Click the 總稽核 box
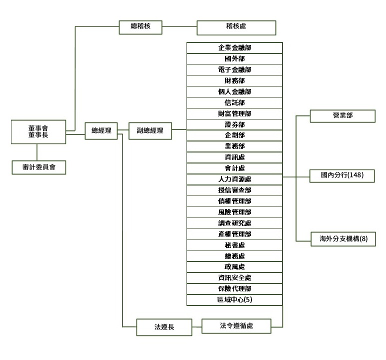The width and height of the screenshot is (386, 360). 140,27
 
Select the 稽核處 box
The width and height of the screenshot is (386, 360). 236,27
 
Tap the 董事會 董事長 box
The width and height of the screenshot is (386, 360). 38,131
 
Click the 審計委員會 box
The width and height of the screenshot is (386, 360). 38,167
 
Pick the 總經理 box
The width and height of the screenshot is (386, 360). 101,131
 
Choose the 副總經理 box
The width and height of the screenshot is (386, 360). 150,131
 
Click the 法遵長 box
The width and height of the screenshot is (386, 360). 164,327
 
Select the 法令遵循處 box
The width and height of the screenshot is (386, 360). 236,326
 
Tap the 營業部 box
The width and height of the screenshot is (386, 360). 342,115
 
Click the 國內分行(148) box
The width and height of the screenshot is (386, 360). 342,176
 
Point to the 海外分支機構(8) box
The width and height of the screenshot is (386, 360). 342,238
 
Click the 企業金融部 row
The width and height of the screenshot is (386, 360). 234,48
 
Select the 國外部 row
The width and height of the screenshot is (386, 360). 234,59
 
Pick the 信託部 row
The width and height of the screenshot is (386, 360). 234,102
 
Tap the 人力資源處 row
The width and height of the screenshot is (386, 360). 234,179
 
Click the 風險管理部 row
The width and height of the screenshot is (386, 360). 234,212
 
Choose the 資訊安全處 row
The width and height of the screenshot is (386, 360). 234,278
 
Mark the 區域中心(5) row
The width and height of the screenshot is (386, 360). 234,300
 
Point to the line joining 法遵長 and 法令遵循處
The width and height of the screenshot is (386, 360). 196,327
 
